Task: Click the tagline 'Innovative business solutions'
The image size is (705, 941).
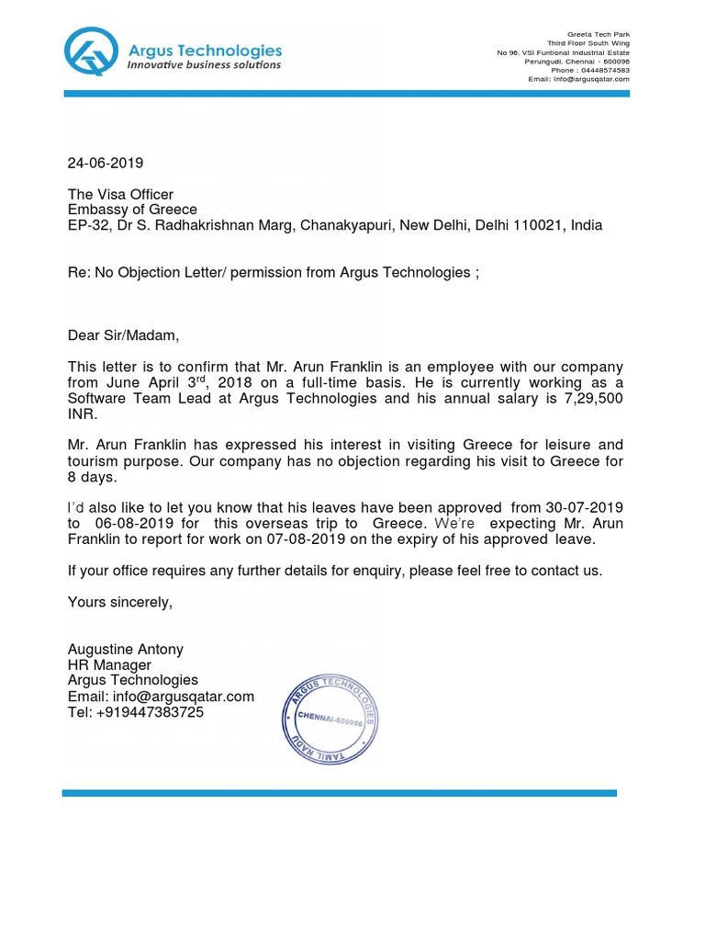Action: click(204, 65)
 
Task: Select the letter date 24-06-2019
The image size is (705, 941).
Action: click(106, 164)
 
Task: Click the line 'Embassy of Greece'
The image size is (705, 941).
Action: click(132, 210)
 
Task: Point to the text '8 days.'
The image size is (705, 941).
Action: click(93, 477)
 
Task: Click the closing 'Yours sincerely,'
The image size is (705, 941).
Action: click(120, 603)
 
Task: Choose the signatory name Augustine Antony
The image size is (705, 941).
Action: click(126, 650)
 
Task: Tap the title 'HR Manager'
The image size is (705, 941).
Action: click(109, 665)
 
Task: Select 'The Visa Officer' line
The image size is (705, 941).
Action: click(120, 194)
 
